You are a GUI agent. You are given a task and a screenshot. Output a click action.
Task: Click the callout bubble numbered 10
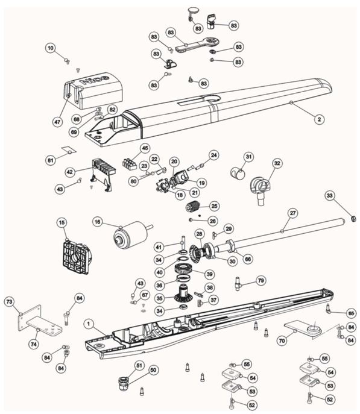point(51,48)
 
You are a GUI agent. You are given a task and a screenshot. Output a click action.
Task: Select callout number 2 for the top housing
point(319,119)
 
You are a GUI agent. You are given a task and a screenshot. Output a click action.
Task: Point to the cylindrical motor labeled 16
point(131,235)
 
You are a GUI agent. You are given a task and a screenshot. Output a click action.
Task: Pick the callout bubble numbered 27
point(292,213)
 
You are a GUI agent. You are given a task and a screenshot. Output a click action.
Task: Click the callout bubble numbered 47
point(57,122)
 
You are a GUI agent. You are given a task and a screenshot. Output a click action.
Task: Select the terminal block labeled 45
point(130,165)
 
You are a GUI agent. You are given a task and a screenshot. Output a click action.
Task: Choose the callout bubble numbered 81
point(51,160)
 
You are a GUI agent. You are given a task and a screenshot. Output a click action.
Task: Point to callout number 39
point(209,274)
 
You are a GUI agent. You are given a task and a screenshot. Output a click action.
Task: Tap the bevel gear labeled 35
point(183,294)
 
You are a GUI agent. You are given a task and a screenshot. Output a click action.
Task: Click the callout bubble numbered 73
point(10,302)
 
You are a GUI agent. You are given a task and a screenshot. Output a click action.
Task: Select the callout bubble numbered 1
point(89,324)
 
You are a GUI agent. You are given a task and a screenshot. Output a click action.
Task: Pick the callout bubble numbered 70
point(282,341)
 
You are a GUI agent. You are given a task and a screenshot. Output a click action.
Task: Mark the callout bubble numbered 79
point(261,280)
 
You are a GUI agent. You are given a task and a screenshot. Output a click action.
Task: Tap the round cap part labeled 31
point(237,173)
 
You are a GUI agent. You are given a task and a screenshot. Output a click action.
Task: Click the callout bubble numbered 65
point(351,314)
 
